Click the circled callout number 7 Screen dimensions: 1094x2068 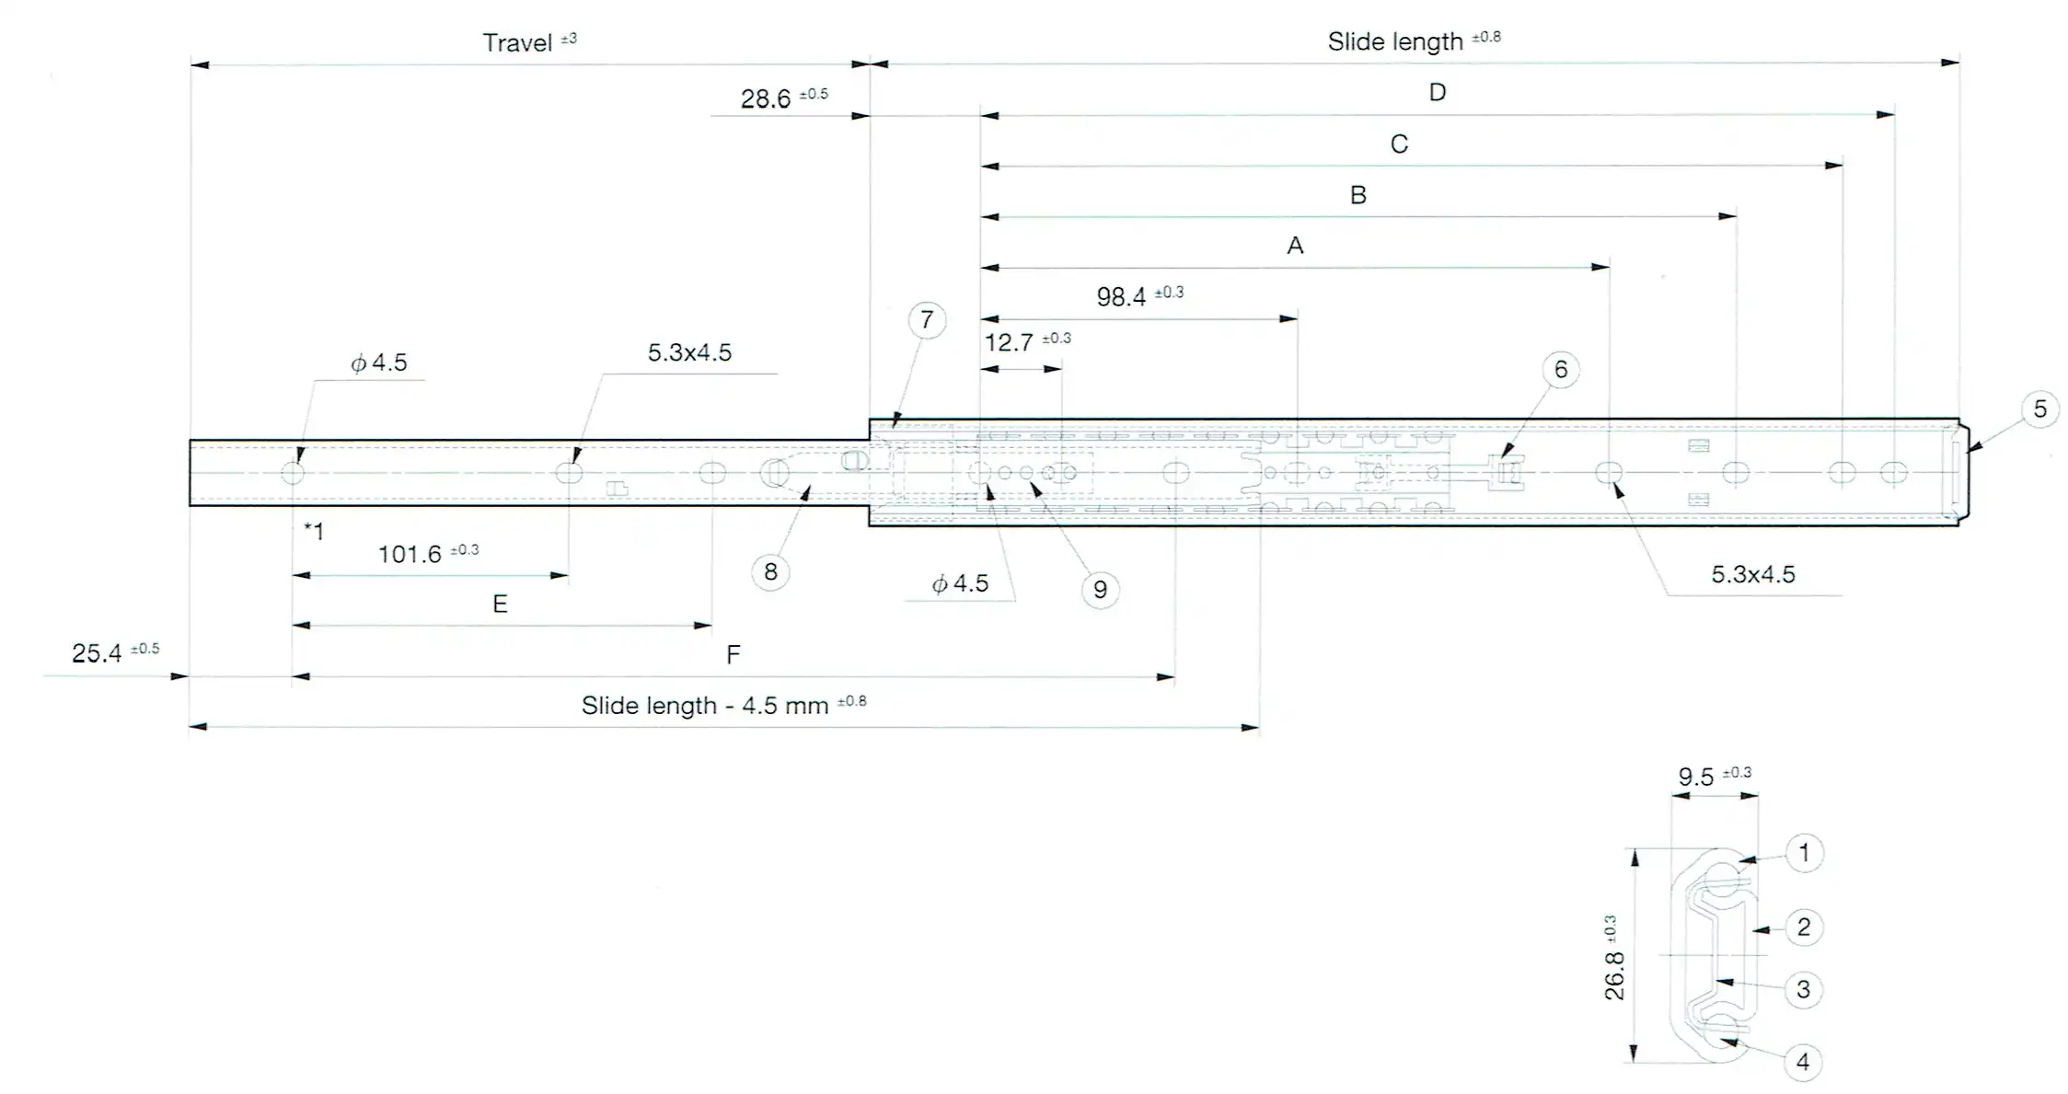[x=926, y=320]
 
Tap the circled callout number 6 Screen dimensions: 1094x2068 [x=1560, y=370]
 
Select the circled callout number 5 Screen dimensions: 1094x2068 [x=2039, y=409]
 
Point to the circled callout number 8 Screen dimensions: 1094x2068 [x=770, y=572]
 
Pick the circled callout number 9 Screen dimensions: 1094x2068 [x=1100, y=590]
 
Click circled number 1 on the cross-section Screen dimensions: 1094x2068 [x=1803, y=853]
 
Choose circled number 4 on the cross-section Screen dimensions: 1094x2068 [x=1802, y=1063]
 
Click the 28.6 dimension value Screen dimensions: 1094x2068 [x=766, y=98]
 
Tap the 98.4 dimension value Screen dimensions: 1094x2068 [x=1121, y=297]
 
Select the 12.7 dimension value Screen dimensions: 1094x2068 [x=1009, y=343]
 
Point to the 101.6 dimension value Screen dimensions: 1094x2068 [x=410, y=555]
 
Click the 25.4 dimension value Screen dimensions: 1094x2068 [x=97, y=653]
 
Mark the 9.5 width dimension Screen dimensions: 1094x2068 [x=1695, y=777]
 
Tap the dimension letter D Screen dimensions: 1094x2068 [x=1437, y=92]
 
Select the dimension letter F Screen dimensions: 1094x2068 [x=733, y=655]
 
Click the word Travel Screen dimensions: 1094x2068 [x=517, y=43]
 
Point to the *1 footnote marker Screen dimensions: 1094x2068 [x=314, y=531]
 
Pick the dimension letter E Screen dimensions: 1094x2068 [x=500, y=605]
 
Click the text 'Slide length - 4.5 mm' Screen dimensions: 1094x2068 [x=705, y=706]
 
